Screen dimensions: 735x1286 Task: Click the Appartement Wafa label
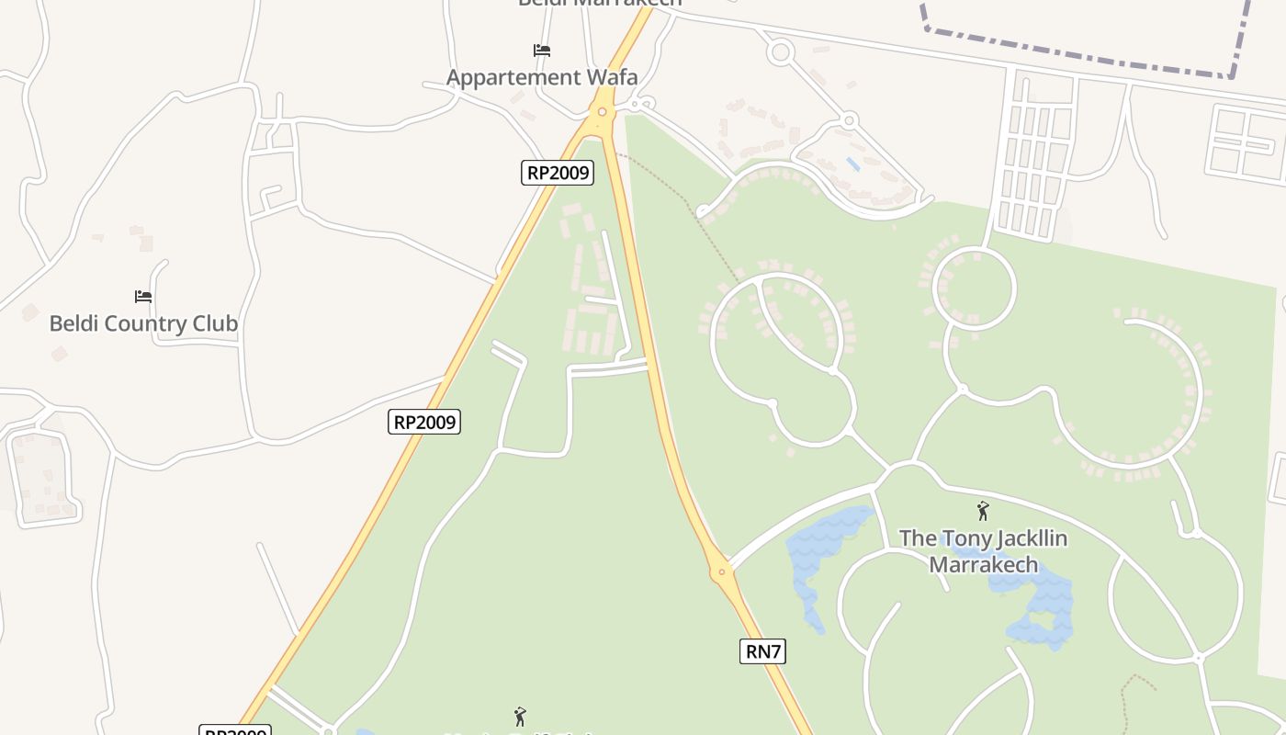pyautogui.click(x=542, y=77)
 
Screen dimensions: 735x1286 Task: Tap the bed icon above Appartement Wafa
pyautogui.click(x=542, y=51)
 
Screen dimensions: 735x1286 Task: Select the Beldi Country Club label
pyautogui.click(x=143, y=323)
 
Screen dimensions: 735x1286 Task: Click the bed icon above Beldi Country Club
pyautogui.click(x=143, y=297)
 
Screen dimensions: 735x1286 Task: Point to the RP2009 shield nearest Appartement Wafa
pyautogui.click(x=558, y=173)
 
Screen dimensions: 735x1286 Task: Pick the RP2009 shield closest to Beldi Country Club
pyautogui.click(x=424, y=422)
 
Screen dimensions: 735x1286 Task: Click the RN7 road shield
pyautogui.click(x=763, y=651)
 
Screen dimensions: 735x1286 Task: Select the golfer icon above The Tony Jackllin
pyautogui.click(x=983, y=511)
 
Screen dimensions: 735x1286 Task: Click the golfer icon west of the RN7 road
pyautogui.click(x=520, y=716)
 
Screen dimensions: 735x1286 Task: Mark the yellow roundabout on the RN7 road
pyautogui.click(x=722, y=571)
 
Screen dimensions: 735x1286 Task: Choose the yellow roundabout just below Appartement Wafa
pyautogui.click(x=602, y=112)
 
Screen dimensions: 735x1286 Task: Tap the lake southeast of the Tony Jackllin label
pyautogui.click(x=1043, y=611)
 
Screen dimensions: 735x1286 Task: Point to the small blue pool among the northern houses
pyautogui.click(x=853, y=164)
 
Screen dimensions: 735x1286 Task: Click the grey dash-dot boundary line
pyautogui.click(x=1084, y=57)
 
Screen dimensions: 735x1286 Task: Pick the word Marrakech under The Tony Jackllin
pyautogui.click(x=983, y=564)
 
